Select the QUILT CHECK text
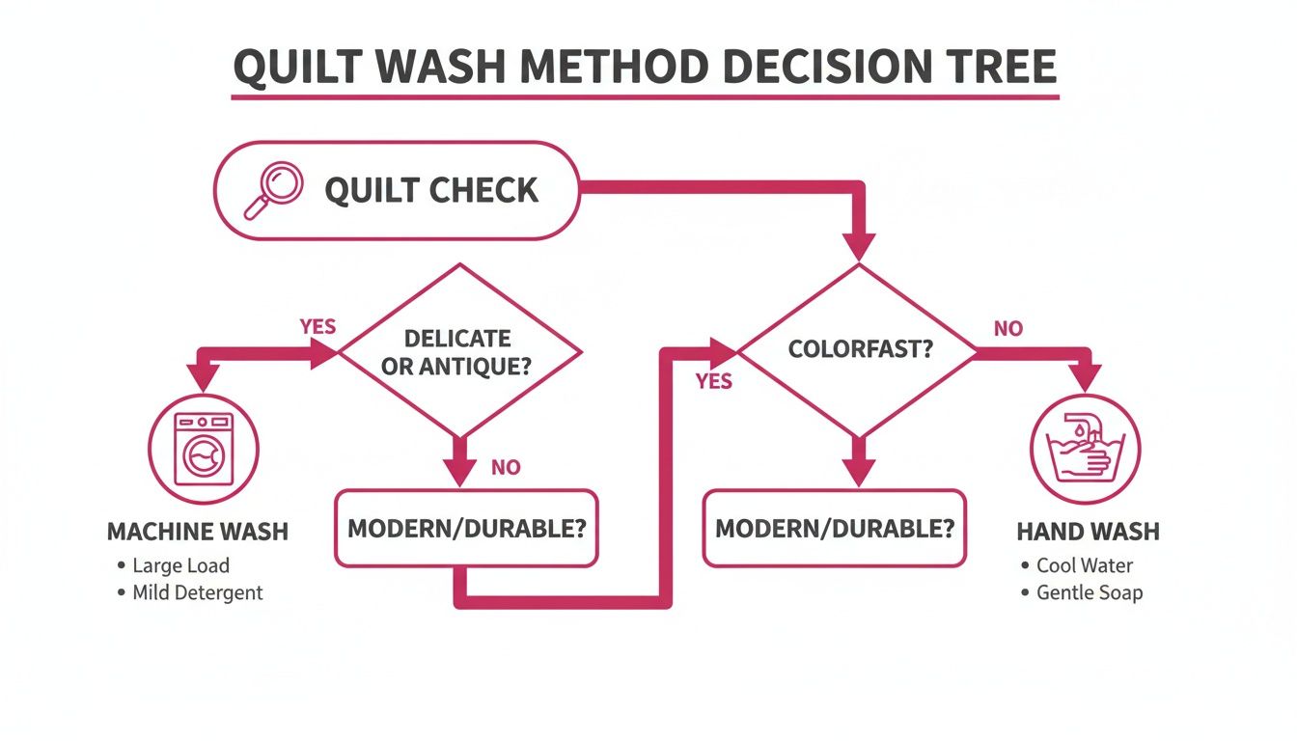(431, 190)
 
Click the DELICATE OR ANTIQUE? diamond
(458, 352)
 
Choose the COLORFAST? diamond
(860, 349)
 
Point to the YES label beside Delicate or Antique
(317, 326)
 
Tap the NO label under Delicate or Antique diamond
(506, 468)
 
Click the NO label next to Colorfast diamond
(1007, 329)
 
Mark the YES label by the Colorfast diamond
(713, 382)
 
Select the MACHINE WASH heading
(197, 532)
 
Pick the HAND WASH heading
(1088, 532)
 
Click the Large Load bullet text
(180, 565)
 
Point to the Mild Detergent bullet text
(197, 592)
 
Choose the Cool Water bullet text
(1084, 565)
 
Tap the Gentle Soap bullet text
(1089, 592)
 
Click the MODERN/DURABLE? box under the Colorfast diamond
(835, 528)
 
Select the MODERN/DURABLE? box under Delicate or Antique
(466, 528)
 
